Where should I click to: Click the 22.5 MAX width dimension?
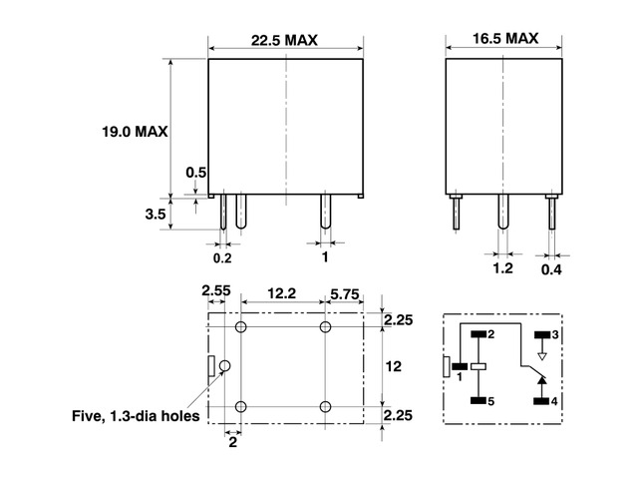(284, 40)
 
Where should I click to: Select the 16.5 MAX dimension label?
(505, 39)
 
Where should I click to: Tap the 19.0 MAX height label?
(135, 132)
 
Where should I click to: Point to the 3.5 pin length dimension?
(156, 215)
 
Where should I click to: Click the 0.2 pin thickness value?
(222, 258)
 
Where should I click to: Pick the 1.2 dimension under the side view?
(502, 268)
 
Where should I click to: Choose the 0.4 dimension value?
(551, 269)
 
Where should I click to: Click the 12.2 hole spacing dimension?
(281, 293)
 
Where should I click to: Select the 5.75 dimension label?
(345, 294)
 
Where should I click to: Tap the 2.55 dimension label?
(216, 290)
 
